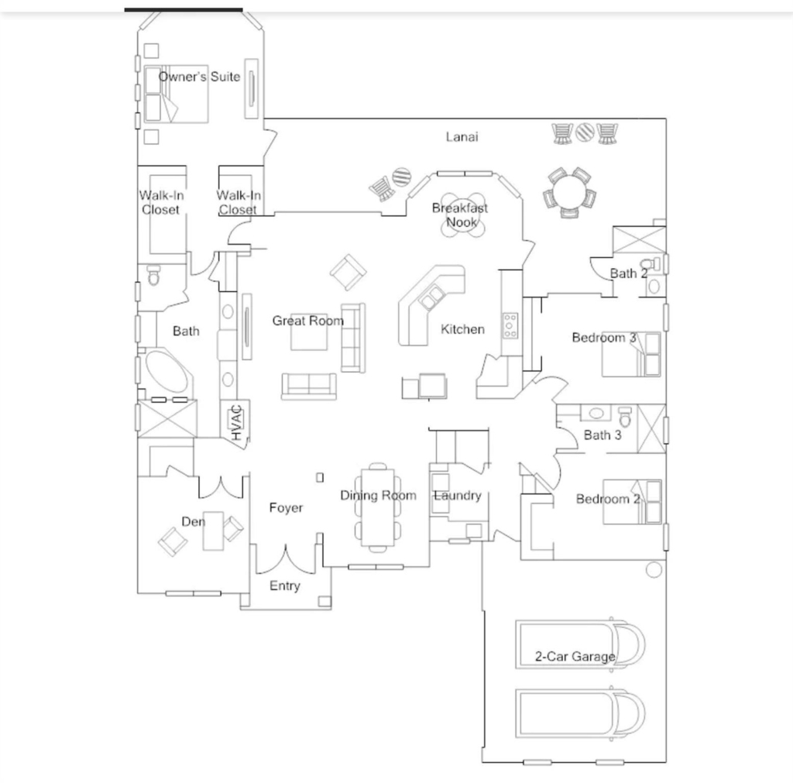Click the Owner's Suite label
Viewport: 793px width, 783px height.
199,77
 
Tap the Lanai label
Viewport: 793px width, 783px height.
462,136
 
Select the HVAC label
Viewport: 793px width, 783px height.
237,423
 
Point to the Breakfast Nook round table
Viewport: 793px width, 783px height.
462,215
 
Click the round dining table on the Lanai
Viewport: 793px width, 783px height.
569,192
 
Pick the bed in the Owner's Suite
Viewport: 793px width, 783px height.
176,94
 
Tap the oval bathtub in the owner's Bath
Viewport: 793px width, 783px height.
166,371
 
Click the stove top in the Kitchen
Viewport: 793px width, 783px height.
510,326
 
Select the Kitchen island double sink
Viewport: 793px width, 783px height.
431,297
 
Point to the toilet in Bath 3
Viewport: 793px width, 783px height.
626,417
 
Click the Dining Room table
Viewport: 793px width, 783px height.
377,507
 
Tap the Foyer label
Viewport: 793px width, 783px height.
286,507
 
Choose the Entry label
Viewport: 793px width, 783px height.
285,586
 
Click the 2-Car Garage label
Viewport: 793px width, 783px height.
575,657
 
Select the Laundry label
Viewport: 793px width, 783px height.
457,495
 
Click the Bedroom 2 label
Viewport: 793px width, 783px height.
608,500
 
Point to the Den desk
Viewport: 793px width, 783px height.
213,531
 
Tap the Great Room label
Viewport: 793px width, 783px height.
308,321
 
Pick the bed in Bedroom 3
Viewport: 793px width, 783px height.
631,354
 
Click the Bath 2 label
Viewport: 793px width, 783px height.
629,273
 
